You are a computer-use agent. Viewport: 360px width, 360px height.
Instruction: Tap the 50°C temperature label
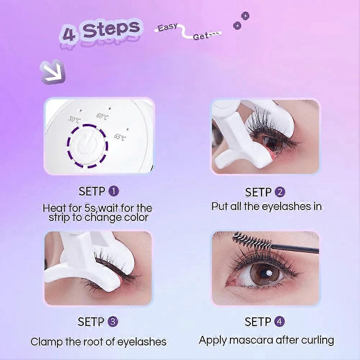(x=74, y=119)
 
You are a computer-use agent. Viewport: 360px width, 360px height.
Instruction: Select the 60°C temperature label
(x=102, y=117)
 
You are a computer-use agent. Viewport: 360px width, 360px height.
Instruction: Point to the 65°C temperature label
(x=120, y=137)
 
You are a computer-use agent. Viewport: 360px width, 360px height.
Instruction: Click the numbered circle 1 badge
(x=113, y=191)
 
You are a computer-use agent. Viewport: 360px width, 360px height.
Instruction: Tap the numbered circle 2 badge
(x=280, y=192)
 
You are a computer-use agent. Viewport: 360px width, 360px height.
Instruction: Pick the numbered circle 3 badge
(x=113, y=322)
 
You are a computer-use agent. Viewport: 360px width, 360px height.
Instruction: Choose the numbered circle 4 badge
(x=279, y=322)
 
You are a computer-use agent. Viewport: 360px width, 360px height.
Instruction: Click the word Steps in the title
(x=111, y=29)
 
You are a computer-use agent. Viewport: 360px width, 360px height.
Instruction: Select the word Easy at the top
(x=168, y=27)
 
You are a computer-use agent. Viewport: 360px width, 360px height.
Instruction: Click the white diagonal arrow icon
(x=53, y=72)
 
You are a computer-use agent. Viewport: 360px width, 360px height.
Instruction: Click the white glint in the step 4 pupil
(x=269, y=273)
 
